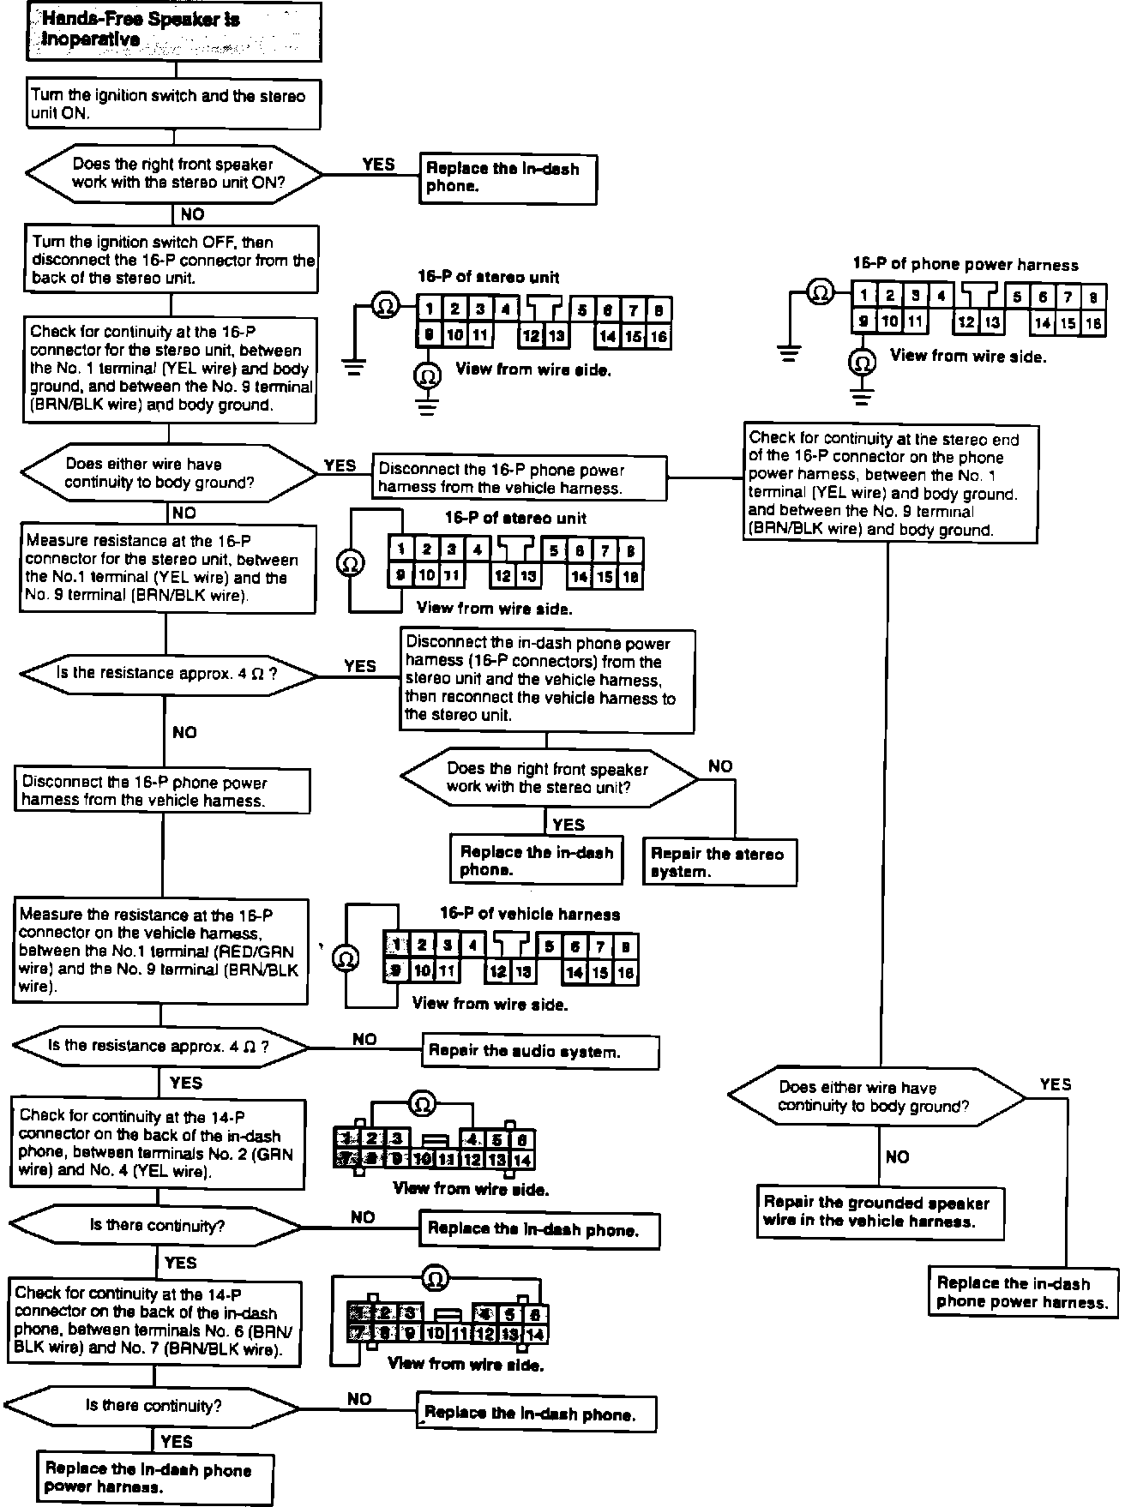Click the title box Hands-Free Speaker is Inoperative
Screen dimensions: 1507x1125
tap(174, 31)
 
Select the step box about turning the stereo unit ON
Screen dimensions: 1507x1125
tap(174, 105)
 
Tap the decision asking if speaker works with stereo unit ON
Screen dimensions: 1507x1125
tap(174, 174)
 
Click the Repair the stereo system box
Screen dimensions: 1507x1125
tap(719, 862)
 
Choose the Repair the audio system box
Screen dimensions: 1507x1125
tap(540, 1051)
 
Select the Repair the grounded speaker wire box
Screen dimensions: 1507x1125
tap(880, 1211)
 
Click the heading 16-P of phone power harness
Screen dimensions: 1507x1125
tap(966, 265)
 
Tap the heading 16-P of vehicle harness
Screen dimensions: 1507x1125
tap(529, 915)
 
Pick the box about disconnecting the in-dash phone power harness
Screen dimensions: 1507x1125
tap(546, 680)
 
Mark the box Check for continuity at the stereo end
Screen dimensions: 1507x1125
tap(892, 484)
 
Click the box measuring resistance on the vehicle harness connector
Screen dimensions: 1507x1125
tap(160, 951)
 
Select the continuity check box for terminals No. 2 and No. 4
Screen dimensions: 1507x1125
tap(158, 1144)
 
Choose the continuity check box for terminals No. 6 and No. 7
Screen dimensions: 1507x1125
tap(156, 1323)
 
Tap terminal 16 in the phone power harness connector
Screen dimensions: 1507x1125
tap(1092, 323)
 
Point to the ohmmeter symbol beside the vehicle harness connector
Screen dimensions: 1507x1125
tap(346, 958)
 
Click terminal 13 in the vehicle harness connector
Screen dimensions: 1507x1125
tap(523, 972)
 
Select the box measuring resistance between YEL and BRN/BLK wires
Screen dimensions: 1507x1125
tap(167, 569)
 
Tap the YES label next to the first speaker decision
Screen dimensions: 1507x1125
tap(378, 165)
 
